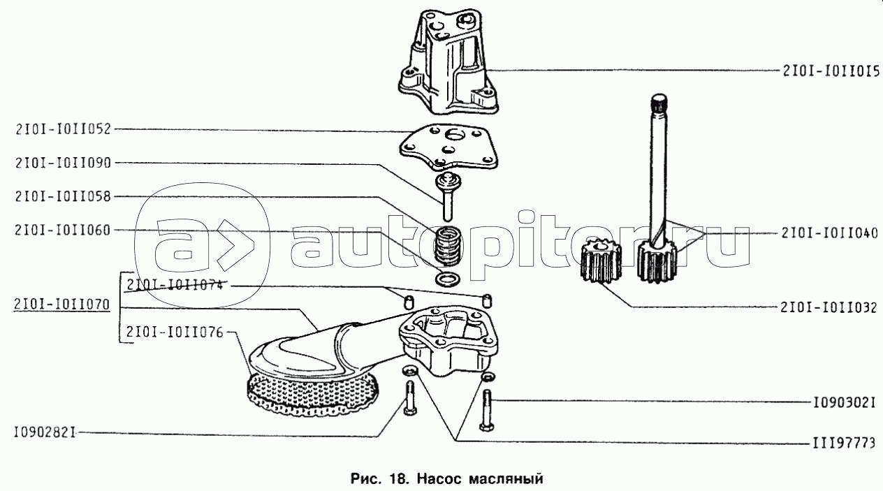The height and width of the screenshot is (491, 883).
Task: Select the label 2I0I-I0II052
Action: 63,129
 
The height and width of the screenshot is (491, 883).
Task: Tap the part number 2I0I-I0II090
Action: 63,163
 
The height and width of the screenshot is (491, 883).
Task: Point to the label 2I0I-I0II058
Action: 63,196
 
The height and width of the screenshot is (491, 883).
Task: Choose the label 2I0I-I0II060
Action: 63,230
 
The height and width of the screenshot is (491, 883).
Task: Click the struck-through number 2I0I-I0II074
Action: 175,285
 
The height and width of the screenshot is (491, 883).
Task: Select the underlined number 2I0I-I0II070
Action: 61,305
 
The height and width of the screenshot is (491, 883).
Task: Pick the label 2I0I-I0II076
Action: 175,332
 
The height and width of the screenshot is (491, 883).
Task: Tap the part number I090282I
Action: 45,433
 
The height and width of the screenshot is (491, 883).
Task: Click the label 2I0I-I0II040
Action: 830,233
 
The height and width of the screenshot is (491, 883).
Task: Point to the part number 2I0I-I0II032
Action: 829,307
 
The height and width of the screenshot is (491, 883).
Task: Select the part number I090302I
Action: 845,403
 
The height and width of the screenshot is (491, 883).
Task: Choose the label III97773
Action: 844,444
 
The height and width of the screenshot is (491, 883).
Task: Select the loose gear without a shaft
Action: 601,261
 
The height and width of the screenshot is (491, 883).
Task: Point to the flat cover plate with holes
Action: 449,148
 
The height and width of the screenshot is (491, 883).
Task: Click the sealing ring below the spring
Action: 447,279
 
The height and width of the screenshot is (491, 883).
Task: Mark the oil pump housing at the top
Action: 448,62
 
